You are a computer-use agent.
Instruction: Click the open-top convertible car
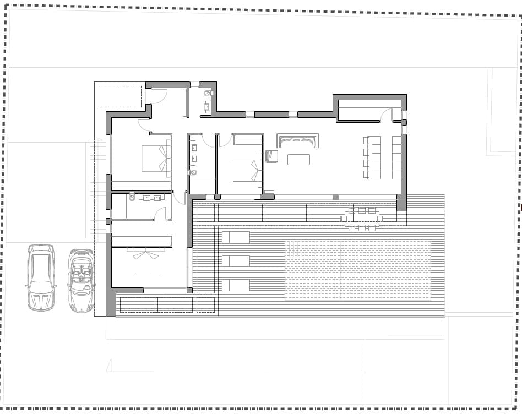pos(81,281)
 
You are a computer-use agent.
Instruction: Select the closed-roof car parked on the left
pos(41,277)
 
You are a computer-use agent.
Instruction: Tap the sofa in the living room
pos(298,141)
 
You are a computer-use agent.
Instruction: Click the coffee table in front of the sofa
pos(298,160)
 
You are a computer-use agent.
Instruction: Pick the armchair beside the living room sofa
pos(271,156)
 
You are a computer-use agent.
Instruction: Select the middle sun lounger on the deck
pos(235,261)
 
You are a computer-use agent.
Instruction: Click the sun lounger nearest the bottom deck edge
pos(235,285)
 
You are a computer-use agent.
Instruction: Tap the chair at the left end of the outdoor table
pos(344,219)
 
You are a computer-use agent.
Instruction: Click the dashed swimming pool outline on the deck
pos(358,270)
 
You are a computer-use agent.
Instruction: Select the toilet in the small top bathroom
pos(208,94)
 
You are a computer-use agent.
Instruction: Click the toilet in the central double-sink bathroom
pos(193,172)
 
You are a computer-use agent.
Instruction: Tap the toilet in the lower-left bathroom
pos(132,197)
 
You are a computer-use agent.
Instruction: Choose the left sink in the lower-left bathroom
pos(146,198)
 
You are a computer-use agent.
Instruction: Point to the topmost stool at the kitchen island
pos(366,140)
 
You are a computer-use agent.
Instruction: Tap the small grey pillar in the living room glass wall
pos(335,197)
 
